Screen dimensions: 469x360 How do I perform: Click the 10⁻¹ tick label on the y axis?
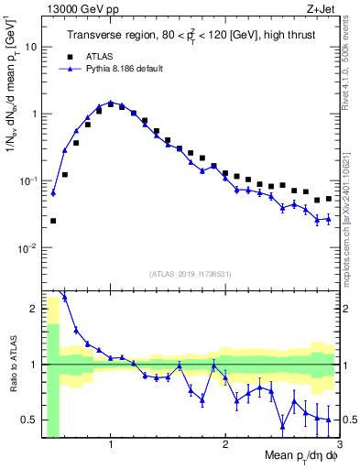pos(29,180)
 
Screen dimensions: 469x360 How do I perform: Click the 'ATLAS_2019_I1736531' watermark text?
pos(190,274)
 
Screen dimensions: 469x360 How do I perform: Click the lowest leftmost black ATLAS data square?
pos(53,221)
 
